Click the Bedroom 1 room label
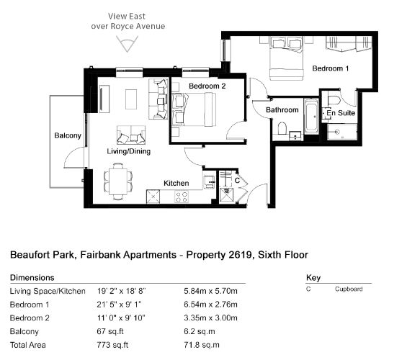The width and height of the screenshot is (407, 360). [x=330, y=68]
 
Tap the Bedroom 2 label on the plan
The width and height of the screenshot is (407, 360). [x=207, y=86]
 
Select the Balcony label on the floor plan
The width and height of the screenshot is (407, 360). [x=68, y=135]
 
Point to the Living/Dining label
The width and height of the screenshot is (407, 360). [x=129, y=151]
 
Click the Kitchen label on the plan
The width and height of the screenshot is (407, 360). [x=176, y=183]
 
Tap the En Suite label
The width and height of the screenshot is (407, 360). [x=341, y=113]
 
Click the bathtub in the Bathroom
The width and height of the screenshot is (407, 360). [x=311, y=116]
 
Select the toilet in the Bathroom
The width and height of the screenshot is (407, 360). [x=282, y=128]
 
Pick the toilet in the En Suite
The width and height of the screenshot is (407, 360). [x=334, y=99]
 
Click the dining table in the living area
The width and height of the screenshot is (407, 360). [x=118, y=181]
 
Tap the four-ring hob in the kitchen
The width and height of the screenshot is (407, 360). [x=182, y=197]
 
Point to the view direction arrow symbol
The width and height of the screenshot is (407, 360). [x=127, y=44]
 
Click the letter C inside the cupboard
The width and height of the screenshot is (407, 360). [x=237, y=180]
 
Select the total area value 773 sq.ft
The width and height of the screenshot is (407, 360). [x=112, y=345]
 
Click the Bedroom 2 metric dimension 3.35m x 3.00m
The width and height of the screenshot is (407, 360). [x=210, y=318]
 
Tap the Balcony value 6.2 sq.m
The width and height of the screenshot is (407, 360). [x=200, y=331]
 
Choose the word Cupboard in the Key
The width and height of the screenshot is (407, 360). [x=349, y=289]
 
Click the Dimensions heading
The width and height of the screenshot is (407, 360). [x=32, y=277]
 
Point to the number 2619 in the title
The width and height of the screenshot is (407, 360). [x=241, y=255]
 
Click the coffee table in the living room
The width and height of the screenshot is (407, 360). [x=131, y=99]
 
